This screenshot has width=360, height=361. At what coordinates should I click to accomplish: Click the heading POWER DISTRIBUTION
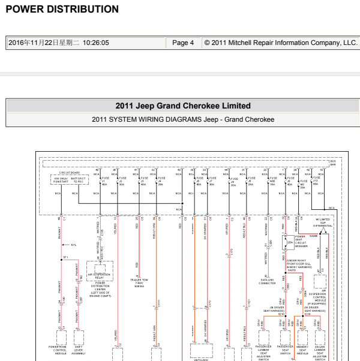pos(62,10)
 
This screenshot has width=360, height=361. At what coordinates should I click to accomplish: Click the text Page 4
pos(183,43)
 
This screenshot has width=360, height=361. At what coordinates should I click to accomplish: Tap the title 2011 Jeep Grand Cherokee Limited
pos(183,106)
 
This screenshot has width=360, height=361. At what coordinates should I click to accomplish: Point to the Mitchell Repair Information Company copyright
pos(280,43)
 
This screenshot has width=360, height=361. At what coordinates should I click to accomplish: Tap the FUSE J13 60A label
pos(316,180)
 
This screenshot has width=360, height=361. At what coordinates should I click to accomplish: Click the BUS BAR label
pos(333,162)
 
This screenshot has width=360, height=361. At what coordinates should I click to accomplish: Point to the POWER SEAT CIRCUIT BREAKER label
pos(301,241)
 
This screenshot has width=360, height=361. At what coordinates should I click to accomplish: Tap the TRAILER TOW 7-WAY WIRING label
pos(139,283)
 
